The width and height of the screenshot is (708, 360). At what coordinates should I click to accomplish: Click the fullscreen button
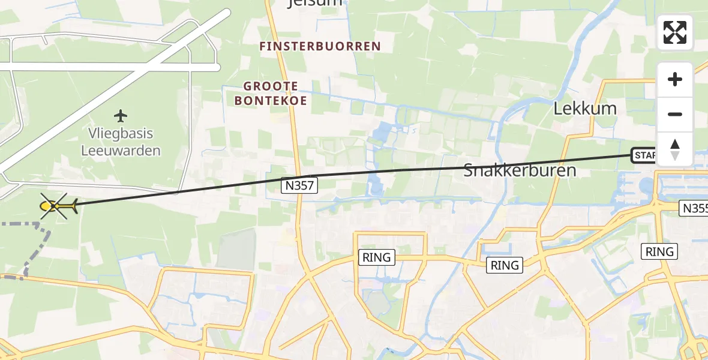tap(675, 32)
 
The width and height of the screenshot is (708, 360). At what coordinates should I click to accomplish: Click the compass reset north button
tap(675, 149)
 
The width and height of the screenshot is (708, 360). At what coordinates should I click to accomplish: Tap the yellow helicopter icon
tap(57, 206)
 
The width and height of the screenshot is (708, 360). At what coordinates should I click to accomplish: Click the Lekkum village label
tap(577, 109)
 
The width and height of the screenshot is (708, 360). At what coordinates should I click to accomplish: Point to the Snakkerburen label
tap(520, 170)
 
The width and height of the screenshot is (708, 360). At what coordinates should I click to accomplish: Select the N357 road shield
tap(299, 186)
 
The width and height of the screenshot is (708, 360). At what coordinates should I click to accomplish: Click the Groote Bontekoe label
tap(271, 94)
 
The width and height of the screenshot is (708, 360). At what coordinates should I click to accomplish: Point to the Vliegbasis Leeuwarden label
tap(121, 142)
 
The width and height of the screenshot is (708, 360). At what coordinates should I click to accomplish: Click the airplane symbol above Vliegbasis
tap(121, 115)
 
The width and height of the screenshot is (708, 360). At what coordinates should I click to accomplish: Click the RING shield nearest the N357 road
tap(376, 257)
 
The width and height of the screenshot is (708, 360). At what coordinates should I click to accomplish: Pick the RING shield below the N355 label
tap(659, 251)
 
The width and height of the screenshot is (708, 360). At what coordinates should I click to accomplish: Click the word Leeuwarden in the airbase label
tap(121, 150)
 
